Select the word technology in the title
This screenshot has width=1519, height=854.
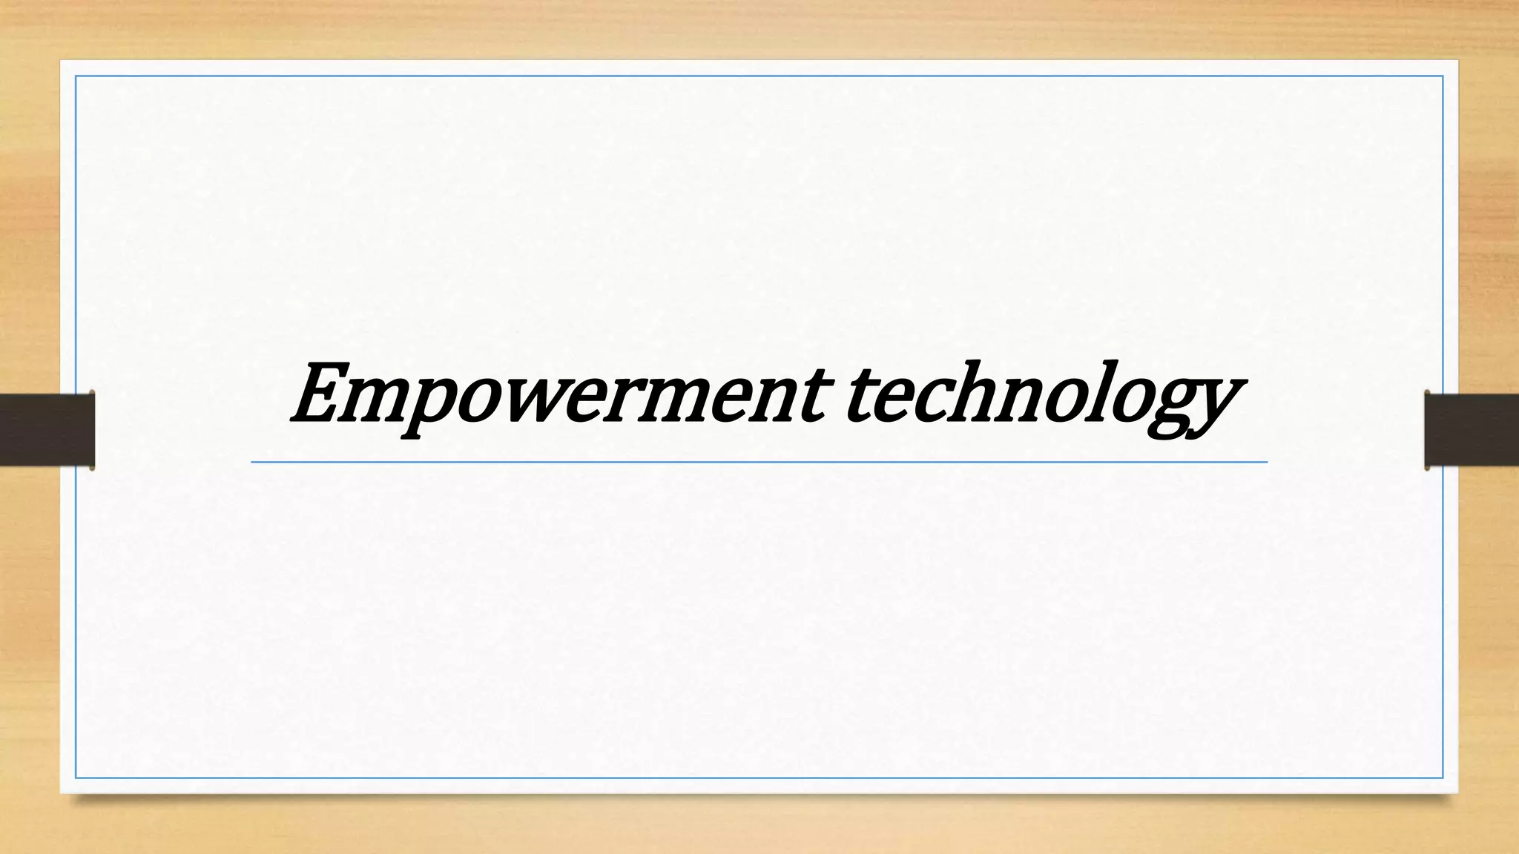click(1038, 397)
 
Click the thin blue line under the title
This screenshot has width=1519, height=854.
click(759, 462)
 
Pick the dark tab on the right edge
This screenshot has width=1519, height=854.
click(1472, 430)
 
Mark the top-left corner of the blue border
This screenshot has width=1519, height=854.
click(76, 76)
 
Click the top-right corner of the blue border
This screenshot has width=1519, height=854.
click(1443, 76)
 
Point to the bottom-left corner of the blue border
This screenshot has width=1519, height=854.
click(76, 778)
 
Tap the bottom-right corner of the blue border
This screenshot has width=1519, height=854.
click(1443, 778)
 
